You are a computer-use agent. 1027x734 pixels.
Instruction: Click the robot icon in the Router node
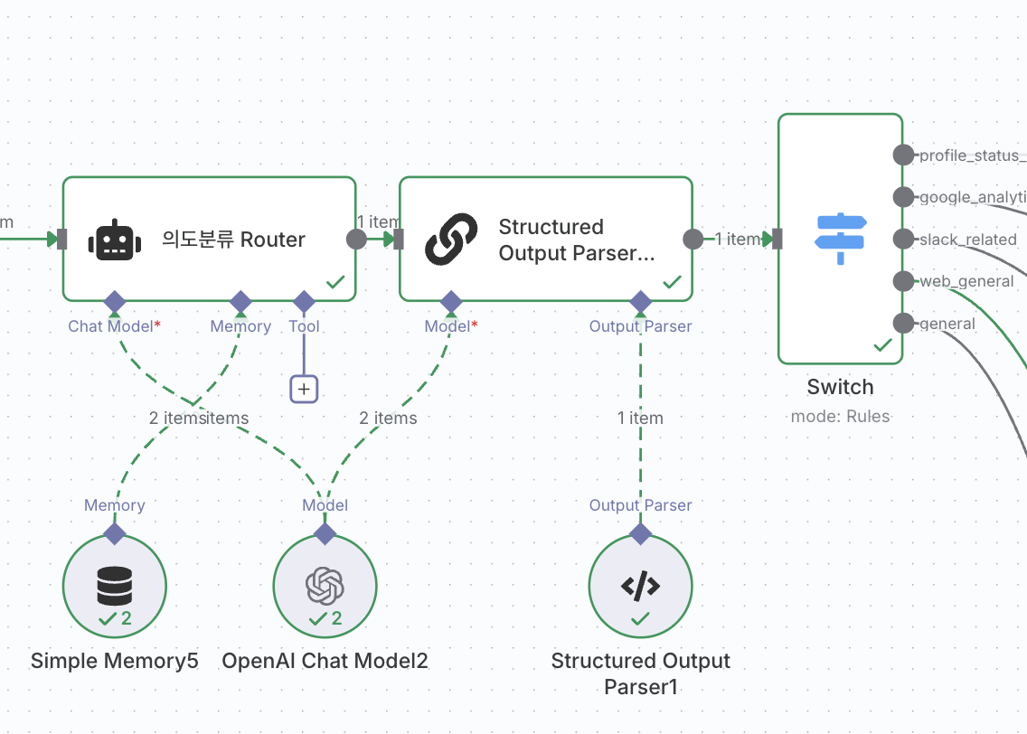pyautogui.click(x=114, y=240)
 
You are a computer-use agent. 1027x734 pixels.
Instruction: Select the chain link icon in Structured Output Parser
pyautogui.click(x=451, y=240)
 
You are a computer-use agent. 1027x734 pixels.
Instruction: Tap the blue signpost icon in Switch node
pyautogui.click(x=840, y=239)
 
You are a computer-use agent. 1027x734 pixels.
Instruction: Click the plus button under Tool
pyautogui.click(x=304, y=390)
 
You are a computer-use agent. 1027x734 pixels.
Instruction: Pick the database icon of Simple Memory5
pyautogui.click(x=115, y=587)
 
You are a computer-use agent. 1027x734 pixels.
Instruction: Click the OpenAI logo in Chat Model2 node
pyautogui.click(x=325, y=587)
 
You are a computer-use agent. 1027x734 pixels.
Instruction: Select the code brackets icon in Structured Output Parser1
pyautogui.click(x=640, y=587)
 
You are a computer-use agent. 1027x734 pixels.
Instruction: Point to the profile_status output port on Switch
pyautogui.click(x=903, y=155)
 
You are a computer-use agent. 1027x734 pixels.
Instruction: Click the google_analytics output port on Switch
pyautogui.click(x=903, y=197)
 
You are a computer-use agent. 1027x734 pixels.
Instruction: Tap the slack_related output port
pyautogui.click(x=903, y=239)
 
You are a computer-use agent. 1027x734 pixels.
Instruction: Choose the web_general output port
pyautogui.click(x=903, y=281)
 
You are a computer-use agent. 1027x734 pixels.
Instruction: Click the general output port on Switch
pyautogui.click(x=903, y=324)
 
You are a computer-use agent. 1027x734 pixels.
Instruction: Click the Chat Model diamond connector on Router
pyautogui.click(x=114, y=301)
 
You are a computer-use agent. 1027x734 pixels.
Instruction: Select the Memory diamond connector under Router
pyautogui.click(x=240, y=301)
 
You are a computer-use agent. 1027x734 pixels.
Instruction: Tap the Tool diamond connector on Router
pyautogui.click(x=304, y=301)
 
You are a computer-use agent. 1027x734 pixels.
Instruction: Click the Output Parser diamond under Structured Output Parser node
pyautogui.click(x=640, y=301)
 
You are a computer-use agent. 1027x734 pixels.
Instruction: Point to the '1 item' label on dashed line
pyautogui.click(x=640, y=418)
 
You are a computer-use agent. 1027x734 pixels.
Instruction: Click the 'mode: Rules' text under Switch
pyautogui.click(x=840, y=417)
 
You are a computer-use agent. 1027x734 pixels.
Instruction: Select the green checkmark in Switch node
pyautogui.click(x=883, y=345)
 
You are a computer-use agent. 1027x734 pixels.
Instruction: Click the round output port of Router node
pyautogui.click(x=356, y=239)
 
